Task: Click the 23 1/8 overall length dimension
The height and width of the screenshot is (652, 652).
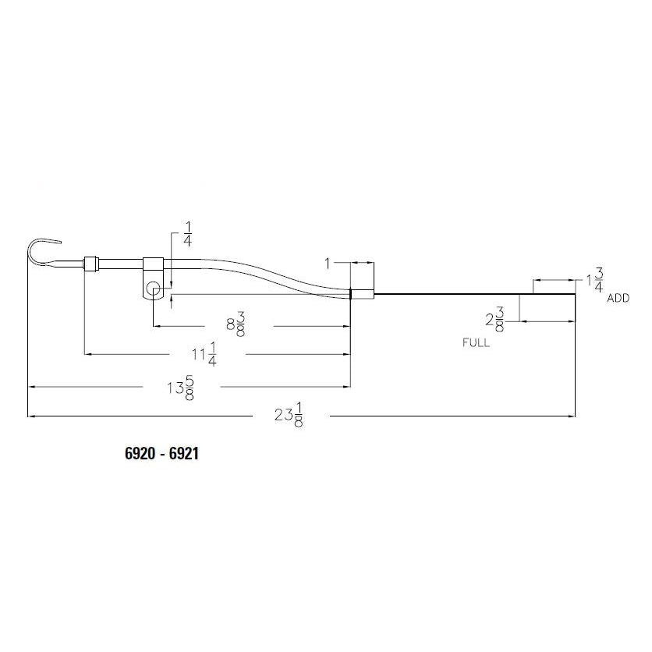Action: pos(289,415)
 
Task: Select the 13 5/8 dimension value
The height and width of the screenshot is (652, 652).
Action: pos(181,388)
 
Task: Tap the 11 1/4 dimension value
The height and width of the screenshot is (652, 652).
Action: pos(204,354)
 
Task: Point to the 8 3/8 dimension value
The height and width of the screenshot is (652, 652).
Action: pos(236,324)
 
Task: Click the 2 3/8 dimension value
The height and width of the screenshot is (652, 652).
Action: pos(494,319)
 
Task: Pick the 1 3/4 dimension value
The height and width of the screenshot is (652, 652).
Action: pos(595,280)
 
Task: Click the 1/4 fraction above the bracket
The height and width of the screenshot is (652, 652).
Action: pos(187,234)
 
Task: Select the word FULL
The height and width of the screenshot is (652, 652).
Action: pos(476,342)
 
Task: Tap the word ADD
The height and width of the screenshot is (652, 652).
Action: pos(618,298)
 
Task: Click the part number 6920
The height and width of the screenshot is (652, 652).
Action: pos(138,453)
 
